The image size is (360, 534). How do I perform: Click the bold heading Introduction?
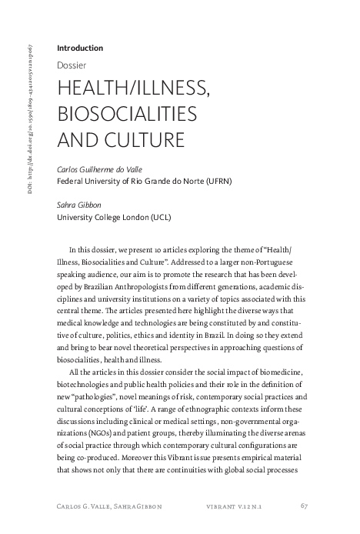point(80,48)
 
